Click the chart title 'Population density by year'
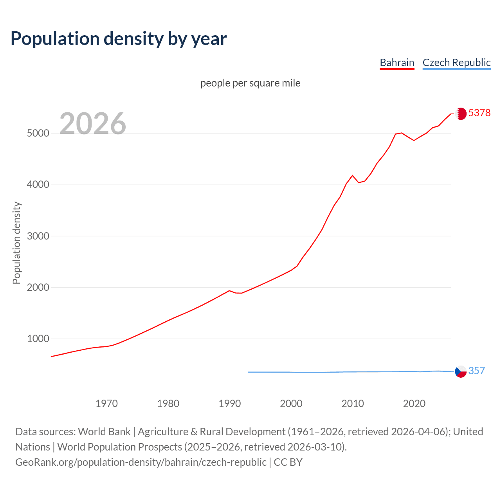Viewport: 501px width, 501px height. click(x=119, y=38)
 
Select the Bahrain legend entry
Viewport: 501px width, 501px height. click(x=397, y=63)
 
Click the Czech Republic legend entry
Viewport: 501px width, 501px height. click(x=456, y=63)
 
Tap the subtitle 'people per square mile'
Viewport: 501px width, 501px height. click(x=250, y=83)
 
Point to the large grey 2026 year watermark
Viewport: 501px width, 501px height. click(x=93, y=124)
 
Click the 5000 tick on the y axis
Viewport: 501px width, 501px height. click(x=38, y=133)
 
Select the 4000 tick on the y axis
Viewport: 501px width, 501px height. click(x=38, y=185)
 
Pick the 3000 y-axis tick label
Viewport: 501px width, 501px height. click(x=38, y=236)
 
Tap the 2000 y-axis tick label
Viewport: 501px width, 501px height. click(x=38, y=287)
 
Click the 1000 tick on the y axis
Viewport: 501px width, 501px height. click(x=38, y=339)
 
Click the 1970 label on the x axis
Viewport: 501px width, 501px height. click(x=107, y=404)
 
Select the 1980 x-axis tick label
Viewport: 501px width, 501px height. click(x=168, y=404)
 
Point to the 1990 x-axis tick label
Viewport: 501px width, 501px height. click(x=230, y=404)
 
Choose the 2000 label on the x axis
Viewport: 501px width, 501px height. click(x=291, y=404)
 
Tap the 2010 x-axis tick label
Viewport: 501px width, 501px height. click(x=353, y=404)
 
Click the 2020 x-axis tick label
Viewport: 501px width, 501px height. click(x=414, y=404)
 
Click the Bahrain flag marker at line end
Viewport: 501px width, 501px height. click(x=461, y=114)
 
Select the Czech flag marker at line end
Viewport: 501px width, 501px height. click(x=461, y=371)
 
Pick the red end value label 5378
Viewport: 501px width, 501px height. click(x=479, y=113)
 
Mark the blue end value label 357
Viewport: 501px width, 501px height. click(x=477, y=371)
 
